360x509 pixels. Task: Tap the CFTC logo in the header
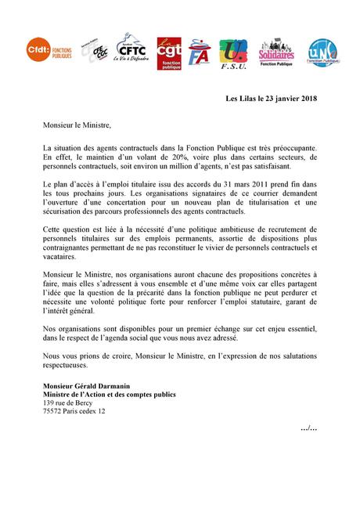[128, 49]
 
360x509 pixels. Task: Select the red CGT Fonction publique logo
[169, 52]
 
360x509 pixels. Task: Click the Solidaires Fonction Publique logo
[275, 52]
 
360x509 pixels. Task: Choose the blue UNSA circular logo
[322, 52]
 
